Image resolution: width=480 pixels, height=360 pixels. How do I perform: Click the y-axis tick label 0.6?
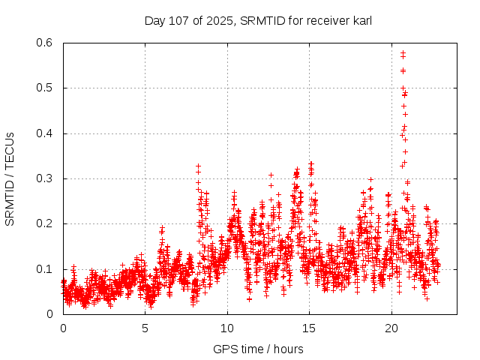pyautogui.click(x=46, y=43)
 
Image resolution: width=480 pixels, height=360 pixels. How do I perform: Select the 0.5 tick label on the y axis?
pyautogui.click(x=46, y=88)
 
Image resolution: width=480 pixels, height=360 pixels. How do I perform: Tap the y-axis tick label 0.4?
pyautogui.click(x=46, y=133)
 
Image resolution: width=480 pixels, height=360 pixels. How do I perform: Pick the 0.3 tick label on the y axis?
pyautogui.click(x=46, y=178)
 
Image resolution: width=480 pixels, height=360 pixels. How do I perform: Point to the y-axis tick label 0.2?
pyautogui.click(x=46, y=224)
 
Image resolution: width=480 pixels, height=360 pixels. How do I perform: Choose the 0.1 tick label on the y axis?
pyautogui.click(x=46, y=269)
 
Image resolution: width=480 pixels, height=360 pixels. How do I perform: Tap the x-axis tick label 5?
pyautogui.click(x=145, y=328)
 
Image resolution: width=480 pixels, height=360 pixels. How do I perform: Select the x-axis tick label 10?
pyautogui.click(x=228, y=328)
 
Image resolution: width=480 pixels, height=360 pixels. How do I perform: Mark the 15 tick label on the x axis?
pyautogui.click(x=310, y=328)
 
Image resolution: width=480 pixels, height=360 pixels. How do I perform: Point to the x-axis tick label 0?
pyautogui.click(x=63, y=328)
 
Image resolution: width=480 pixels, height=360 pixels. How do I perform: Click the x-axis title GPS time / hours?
pyautogui.click(x=258, y=349)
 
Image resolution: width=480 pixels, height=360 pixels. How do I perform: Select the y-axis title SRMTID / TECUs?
pyautogui.click(x=10, y=179)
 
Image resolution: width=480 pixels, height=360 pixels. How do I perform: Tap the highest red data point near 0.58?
pyautogui.click(x=403, y=52)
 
